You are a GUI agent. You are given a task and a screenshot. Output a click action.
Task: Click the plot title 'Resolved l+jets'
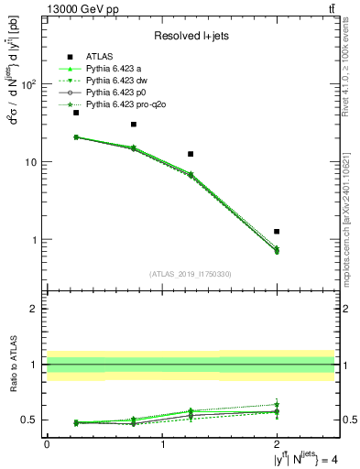point(191,36)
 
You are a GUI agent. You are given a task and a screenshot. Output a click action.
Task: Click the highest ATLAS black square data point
point(76,113)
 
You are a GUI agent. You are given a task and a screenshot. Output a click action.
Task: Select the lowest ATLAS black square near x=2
point(277,232)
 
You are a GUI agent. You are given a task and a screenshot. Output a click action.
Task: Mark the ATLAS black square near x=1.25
point(191,154)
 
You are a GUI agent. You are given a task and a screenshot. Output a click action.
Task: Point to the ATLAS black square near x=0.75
point(134,125)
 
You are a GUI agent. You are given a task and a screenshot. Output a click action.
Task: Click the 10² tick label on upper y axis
point(27,84)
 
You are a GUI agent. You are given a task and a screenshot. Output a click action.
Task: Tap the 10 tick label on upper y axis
point(30,162)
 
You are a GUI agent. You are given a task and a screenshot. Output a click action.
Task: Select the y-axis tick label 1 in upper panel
point(34,240)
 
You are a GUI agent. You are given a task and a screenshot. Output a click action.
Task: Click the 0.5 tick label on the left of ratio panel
point(29,420)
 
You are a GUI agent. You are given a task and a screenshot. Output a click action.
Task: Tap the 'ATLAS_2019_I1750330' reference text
point(191,273)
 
